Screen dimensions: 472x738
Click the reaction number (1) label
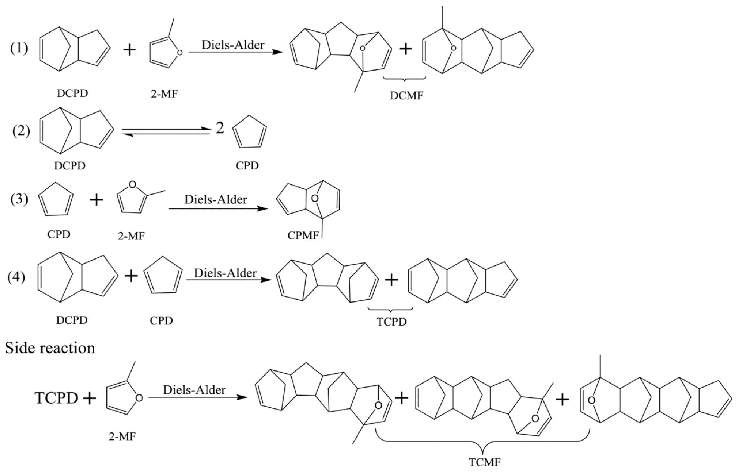coord(19,48)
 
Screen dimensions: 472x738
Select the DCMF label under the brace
coord(406,96)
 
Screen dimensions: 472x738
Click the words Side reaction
coord(50,348)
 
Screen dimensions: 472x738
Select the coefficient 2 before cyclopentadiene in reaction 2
coord(219,128)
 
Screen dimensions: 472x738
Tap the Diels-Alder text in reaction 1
coord(233,45)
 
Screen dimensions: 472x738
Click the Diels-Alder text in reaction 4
coord(225,273)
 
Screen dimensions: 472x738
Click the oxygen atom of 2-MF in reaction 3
coord(132,185)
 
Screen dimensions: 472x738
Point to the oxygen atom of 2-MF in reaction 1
coord(180,53)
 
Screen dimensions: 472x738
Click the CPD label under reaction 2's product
coord(247,166)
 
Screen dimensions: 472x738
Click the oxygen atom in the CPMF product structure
coord(315,199)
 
